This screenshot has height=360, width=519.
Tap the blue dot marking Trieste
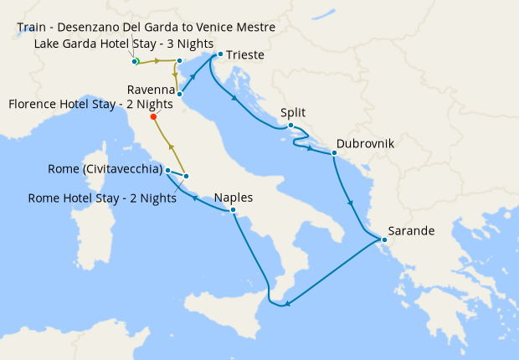click(x=219, y=55)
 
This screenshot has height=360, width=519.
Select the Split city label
click(x=293, y=111)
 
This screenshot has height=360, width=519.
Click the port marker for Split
click(x=290, y=126)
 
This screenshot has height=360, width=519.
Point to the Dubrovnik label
click(x=365, y=144)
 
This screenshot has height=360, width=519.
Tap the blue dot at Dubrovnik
click(x=334, y=153)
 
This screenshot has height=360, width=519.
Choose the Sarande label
click(x=410, y=231)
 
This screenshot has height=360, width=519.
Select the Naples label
click(x=234, y=198)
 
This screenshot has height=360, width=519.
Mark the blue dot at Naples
click(x=234, y=212)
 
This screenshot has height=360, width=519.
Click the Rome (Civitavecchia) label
click(x=105, y=171)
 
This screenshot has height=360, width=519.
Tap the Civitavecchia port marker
click(x=168, y=171)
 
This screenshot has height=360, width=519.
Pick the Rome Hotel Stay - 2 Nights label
click(x=102, y=198)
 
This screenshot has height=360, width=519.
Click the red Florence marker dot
click(x=153, y=117)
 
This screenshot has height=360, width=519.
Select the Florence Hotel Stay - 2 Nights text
click(x=90, y=105)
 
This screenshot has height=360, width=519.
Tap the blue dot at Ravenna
click(x=180, y=94)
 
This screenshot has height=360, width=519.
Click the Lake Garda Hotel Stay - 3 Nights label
click(x=124, y=44)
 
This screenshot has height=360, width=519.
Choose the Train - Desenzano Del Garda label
click(x=146, y=28)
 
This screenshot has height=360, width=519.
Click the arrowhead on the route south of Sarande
click(x=287, y=303)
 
